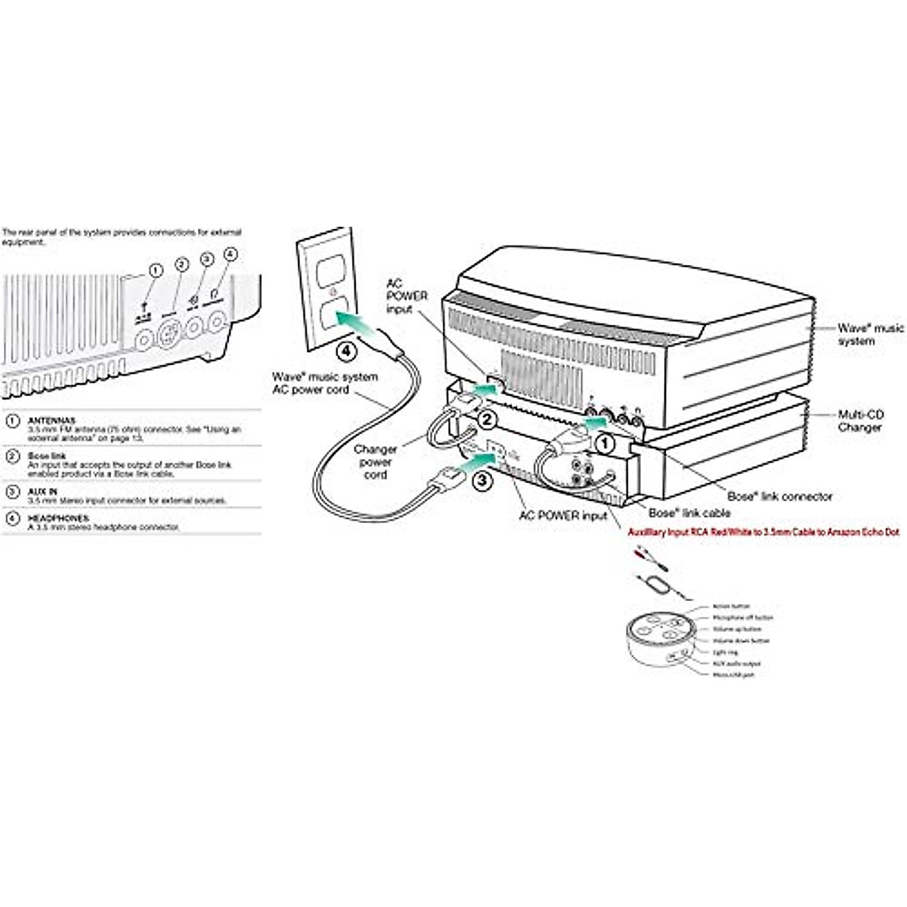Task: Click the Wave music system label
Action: point(870,335)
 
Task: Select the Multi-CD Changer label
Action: point(860,421)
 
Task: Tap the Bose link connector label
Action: point(779,497)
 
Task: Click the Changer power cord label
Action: point(375,462)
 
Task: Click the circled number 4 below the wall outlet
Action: point(345,351)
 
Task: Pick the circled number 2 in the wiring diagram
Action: point(488,418)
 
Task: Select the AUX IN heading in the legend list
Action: point(42,491)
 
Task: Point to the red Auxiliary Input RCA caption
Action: point(763,532)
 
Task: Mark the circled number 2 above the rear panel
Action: point(181,264)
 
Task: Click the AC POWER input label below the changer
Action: point(563,516)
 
